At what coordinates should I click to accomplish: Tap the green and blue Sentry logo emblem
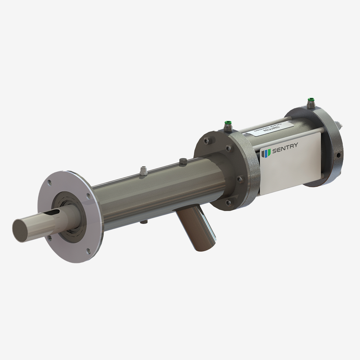(x=266, y=153)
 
